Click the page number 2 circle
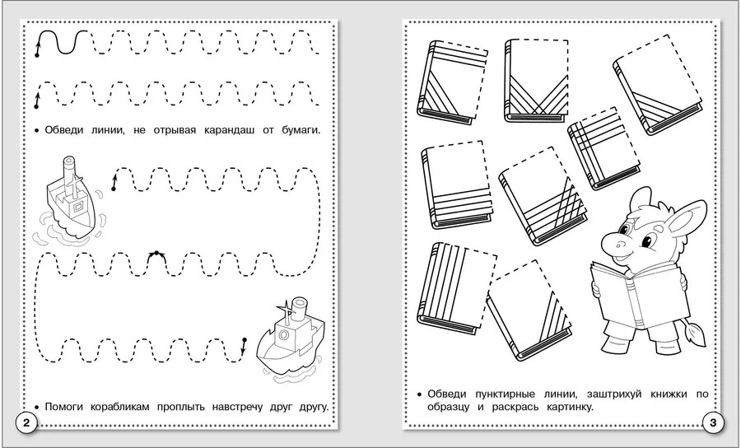point(26,422)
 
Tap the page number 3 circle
point(713,422)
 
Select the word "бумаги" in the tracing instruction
point(302,131)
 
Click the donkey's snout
point(613,244)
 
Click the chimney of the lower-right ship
point(300,310)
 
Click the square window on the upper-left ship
point(78,206)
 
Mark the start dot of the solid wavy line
point(37,55)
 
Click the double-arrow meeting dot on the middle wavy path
point(156,254)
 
